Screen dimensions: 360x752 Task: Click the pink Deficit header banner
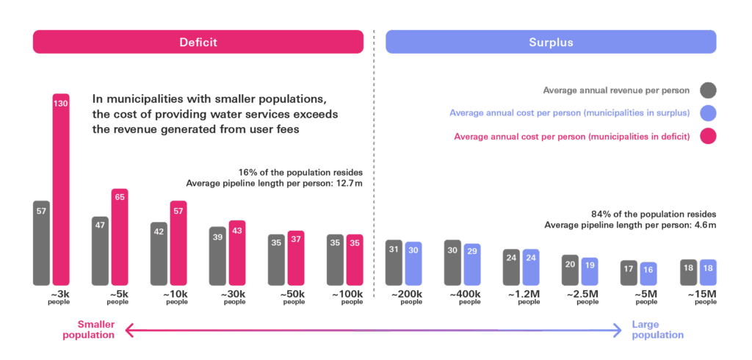tap(198, 42)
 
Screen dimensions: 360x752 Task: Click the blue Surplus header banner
tap(551, 42)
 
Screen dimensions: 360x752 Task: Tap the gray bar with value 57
tap(41, 242)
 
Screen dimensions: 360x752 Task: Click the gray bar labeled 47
tap(100, 251)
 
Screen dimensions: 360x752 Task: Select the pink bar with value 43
tap(237, 253)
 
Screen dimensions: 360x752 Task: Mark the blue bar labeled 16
tap(648, 274)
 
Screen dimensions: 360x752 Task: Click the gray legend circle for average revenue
tap(708, 90)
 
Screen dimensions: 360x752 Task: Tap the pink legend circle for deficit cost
tap(708, 137)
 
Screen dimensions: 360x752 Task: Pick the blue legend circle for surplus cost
tap(708, 113)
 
